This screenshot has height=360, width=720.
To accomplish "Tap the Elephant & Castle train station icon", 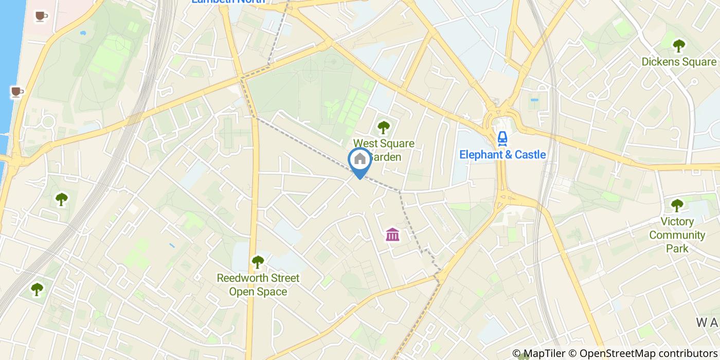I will coord(502,137).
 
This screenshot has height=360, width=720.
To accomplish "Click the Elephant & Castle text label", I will coord(502,154).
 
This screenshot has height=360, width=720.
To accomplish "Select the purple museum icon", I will coord(393,235).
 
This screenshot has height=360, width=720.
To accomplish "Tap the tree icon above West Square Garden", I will coord(383,127).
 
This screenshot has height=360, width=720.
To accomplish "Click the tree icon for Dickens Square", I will coord(679,46).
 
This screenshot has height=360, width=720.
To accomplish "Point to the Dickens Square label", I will coord(678,62).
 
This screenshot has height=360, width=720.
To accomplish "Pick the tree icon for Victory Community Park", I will coord(677,205).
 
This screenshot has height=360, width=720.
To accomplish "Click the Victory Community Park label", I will coord(677,235).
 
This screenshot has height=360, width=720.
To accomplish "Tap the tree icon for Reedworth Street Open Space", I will coord(258,262).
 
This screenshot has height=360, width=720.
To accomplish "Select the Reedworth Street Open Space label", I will coord(258,285).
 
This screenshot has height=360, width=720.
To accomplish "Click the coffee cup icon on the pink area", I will coord(41,16).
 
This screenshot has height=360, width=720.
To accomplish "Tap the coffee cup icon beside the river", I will coord(17,92).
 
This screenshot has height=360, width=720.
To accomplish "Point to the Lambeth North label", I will coord(228,2).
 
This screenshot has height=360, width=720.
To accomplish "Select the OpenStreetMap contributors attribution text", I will coord(643,353).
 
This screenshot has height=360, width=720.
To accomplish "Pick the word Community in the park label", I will coord(677,235).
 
